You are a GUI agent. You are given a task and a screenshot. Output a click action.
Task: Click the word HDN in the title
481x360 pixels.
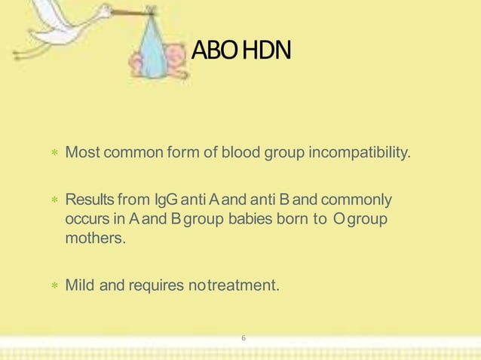coord(266,52)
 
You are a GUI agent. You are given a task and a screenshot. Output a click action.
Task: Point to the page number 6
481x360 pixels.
coord(243,338)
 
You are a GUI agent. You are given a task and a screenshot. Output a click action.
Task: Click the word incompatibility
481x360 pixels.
coord(360,154)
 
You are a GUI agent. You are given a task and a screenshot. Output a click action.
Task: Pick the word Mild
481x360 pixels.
coord(80,285)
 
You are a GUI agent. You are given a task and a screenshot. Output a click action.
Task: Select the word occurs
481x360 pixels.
coord(87,220)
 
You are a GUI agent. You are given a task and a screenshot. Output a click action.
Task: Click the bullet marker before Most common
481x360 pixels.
coord(54,155)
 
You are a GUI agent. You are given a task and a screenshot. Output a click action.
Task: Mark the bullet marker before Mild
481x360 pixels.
coord(54,286)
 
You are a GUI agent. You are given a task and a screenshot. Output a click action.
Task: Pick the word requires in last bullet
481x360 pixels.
coord(155,285)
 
